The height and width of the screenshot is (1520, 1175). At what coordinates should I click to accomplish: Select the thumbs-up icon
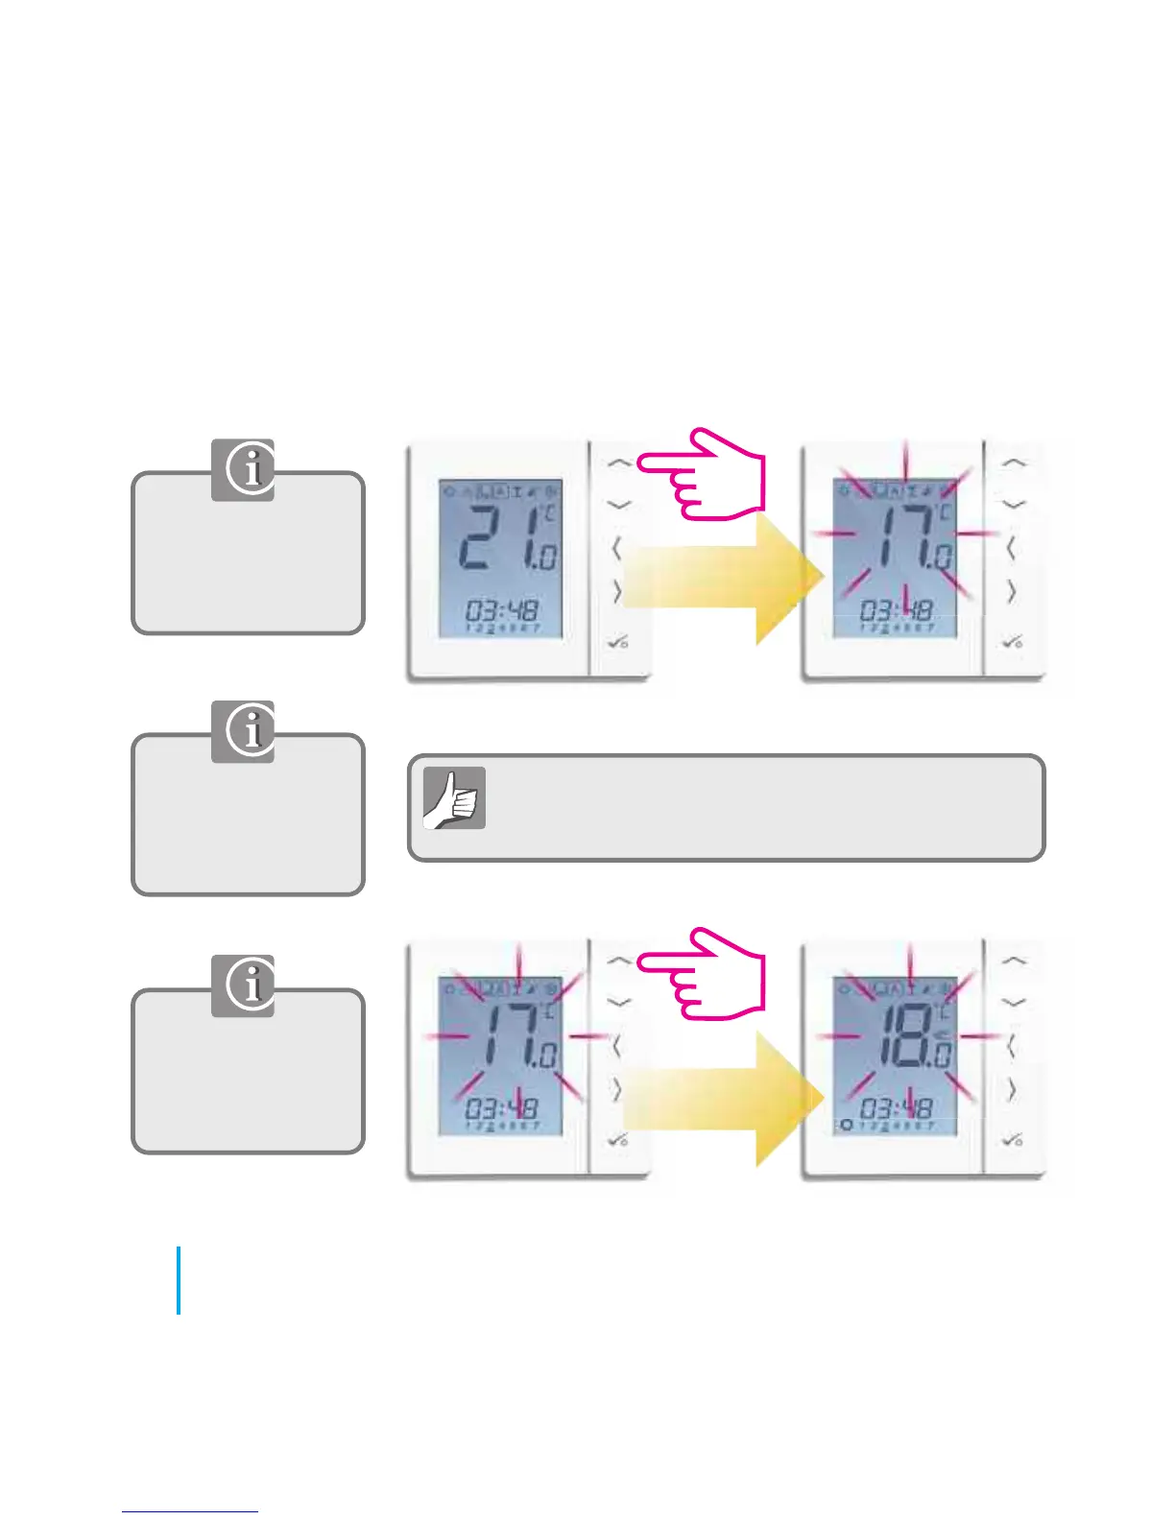point(454,798)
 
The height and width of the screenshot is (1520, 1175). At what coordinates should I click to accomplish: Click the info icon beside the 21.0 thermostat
point(243,470)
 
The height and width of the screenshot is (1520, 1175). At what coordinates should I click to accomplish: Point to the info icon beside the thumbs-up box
point(243,731)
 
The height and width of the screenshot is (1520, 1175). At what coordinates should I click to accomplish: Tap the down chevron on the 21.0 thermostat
point(620,505)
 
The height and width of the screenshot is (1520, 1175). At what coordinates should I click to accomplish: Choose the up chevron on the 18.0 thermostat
point(1014,961)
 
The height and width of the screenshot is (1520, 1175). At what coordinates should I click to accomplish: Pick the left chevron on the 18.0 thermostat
point(1011,1046)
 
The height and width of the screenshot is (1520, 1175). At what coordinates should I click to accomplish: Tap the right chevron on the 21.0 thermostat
point(617,592)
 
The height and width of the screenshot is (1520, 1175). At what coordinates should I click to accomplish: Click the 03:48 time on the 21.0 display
point(502,610)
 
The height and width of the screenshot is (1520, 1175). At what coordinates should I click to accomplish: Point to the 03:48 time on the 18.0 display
point(896,1108)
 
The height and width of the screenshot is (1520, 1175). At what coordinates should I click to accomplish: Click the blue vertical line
point(179,1280)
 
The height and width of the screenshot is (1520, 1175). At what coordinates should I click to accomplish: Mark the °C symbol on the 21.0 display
point(548,513)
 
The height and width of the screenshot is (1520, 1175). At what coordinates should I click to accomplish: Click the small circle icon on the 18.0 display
point(846,1125)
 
